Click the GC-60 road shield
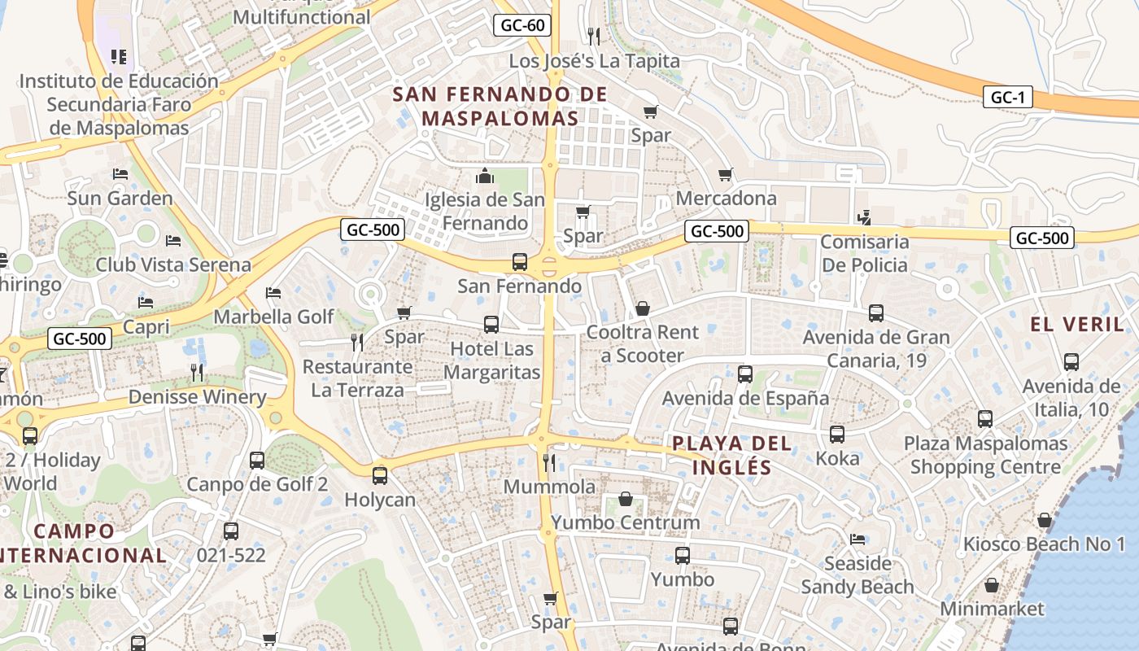coord(522,25)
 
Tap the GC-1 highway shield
coord(1007,98)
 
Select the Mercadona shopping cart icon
coord(726,174)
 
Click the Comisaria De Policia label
coord(864,253)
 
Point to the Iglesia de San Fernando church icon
coord(485,176)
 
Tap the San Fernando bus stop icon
coord(519,262)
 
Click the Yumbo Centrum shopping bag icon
coord(626,498)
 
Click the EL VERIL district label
coord(1076,325)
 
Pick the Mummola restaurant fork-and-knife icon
coord(549,463)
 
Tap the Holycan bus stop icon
coord(380,476)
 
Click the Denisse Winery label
coord(198,397)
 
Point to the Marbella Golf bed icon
coord(273,293)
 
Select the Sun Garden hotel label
coord(120,199)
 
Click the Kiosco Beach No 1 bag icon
coord(1045,520)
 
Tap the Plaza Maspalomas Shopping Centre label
coord(985,455)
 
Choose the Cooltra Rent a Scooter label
coord(642,343)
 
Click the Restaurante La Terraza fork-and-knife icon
coord(356,342)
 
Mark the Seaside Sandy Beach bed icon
coord(858,539)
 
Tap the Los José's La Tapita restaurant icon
coord(594,36)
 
